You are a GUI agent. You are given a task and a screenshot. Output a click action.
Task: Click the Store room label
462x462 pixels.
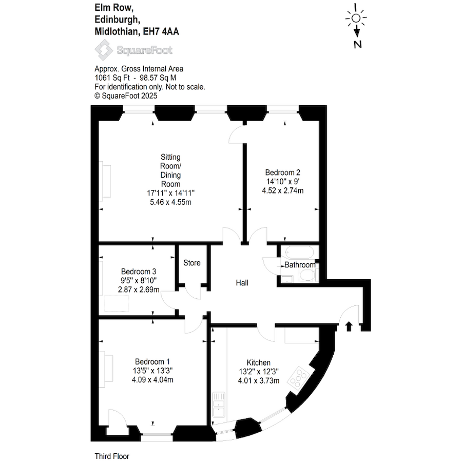[x=192, y=263]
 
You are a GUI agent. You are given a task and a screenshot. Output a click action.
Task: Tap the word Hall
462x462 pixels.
[x=242, y=283]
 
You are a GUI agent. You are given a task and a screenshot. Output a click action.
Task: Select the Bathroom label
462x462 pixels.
[x=300, y=265]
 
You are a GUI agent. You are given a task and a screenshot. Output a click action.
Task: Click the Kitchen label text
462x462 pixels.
[x=258, y=362]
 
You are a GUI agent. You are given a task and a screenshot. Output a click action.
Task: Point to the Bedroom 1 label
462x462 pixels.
[x=152, y=361]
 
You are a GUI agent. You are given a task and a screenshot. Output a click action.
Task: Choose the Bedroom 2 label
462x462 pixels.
[x=282, y=172]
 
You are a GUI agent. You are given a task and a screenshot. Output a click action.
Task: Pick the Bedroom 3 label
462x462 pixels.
[x=139, y=272]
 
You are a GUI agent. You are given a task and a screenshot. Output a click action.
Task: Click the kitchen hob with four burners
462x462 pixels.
[x=297, y=377]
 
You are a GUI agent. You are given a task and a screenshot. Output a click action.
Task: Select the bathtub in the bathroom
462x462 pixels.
[x=298, y=253]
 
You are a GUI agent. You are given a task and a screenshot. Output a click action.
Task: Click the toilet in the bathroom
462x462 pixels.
[x=307, y=276]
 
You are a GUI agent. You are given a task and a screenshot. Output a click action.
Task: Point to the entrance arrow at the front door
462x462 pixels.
[x=349, y=326]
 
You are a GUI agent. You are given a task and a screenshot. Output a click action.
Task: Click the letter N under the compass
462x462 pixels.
[x=358, y=44]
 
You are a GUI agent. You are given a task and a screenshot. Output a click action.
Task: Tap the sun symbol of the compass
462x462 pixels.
[x=356, y=18]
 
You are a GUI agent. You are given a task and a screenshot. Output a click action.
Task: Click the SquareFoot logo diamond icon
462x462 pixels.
[x=104, y=50]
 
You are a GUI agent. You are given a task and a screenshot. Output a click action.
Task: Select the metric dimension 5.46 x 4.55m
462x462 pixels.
[x=170, y=202]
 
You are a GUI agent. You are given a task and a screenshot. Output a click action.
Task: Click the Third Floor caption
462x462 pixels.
[x=111, y=456]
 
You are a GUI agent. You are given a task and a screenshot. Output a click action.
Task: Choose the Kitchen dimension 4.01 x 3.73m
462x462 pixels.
[x=258, y=381]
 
